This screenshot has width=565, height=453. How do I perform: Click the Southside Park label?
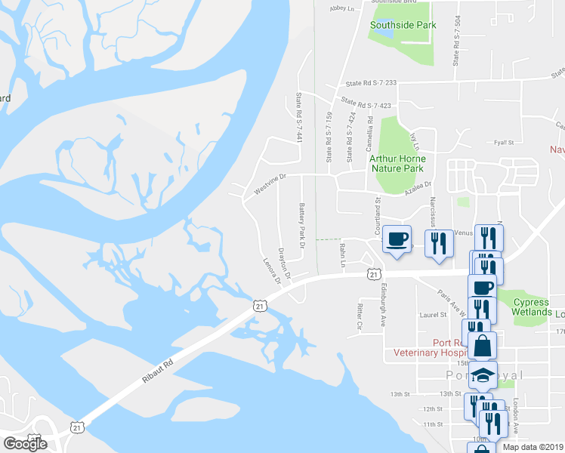coord(403,25)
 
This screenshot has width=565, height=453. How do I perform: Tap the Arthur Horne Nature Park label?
coord(397,164)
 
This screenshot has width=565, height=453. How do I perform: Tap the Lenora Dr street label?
coord(271,270)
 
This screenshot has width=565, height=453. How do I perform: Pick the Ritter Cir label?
coord(360,316)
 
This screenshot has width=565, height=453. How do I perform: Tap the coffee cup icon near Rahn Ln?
coord(397,239)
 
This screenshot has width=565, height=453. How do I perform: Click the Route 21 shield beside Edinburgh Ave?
coord(373,273)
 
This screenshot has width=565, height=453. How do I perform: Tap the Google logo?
coord(25,443)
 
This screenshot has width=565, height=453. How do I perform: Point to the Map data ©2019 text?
coord(533,447)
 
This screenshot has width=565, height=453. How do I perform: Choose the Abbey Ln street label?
coord(342,9)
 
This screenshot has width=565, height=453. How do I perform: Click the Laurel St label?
coord(428,315)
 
